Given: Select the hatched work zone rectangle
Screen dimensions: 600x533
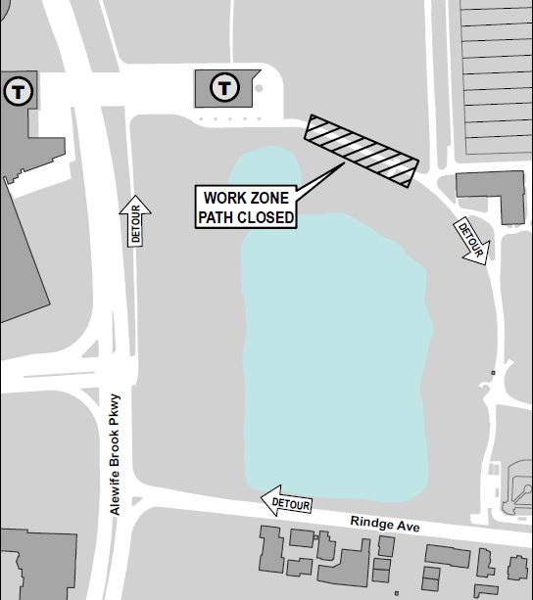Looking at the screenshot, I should point(360,151).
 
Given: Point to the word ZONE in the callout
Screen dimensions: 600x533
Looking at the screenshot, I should point(269,199).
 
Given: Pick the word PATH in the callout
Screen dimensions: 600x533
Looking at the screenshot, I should point(218,217).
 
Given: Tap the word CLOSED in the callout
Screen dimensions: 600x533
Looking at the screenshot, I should point(266,217).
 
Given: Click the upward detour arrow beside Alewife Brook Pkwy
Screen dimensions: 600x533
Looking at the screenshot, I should point(136,221).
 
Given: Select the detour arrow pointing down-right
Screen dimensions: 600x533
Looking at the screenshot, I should point(470,240).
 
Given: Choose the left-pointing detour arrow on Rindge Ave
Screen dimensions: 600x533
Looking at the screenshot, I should point(287,503).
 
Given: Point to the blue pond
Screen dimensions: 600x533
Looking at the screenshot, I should point(333,323).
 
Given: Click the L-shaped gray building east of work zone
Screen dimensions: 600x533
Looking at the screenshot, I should point(490,192).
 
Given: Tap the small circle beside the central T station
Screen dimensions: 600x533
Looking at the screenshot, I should point(259,89).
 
